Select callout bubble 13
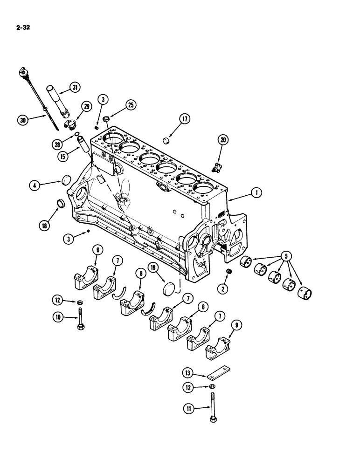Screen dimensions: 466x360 click(x=188, y=373)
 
